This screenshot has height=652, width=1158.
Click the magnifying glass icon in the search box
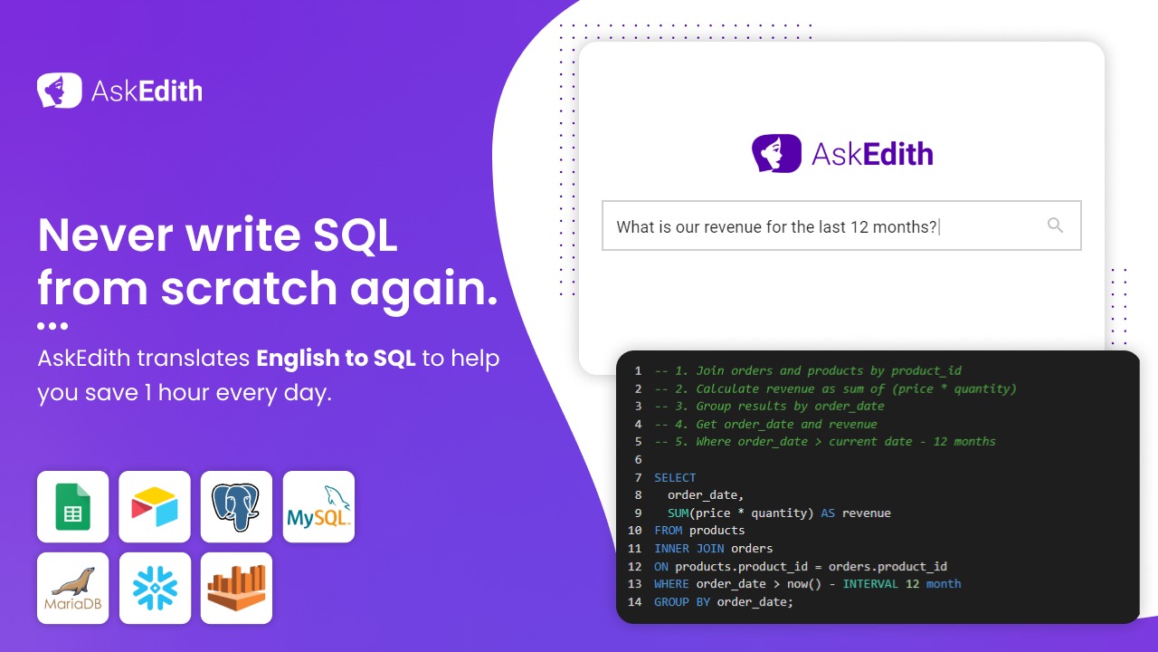pyautogui.click(x=1055, y=225)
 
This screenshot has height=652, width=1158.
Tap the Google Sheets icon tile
pyautogui.click(x=73, y=506)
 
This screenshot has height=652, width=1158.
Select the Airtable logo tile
pyautogui.click(x=155, y=506)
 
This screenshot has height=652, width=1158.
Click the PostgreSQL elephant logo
pyautogui.click(x=236, y=506)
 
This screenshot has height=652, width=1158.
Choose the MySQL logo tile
pyautogui.click(x=318, y=506)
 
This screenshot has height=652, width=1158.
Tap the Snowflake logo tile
pyautogui.click(x=155, y=589)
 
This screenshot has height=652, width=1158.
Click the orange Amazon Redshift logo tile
pyautogui.click(x=236, y=589)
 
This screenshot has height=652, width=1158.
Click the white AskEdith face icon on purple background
pyautogui.click(x=60, y=90)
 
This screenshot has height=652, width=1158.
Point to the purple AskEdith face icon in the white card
pyautogui.click(x=776, y=153)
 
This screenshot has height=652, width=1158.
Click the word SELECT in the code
pyautogui.click(x=675, y=477)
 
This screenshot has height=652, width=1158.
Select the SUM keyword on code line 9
pyautogui.click(x=678, y=513)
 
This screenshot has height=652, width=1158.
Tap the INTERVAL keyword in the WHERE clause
pyautogui.click(x=870, y=584)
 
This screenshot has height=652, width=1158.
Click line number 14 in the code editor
pyautogui.click(x=634, y=602)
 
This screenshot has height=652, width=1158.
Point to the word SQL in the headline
pyautogui.click(x=356, y=235)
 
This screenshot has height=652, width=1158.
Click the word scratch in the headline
pyautogui.click(x=249, y=288)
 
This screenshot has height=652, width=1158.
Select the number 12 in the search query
pyautogui.click(x=859, y=226)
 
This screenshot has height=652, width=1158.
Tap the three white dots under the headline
pyautogui.click(x=52, y=326)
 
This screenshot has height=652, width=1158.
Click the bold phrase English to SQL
pyautogui.click(x=336, y=358)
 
